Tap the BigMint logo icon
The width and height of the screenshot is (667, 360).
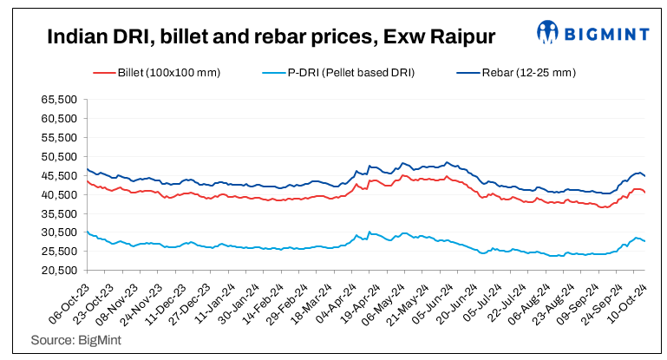(547, 32)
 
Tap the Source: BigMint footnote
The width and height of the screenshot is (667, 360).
(76, 341)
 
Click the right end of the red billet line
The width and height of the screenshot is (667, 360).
(644, 193)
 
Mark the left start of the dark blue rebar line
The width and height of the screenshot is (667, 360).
(88, 169)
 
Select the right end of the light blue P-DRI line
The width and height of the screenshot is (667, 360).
(644, 241)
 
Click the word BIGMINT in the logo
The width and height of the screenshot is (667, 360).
(604, 33)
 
